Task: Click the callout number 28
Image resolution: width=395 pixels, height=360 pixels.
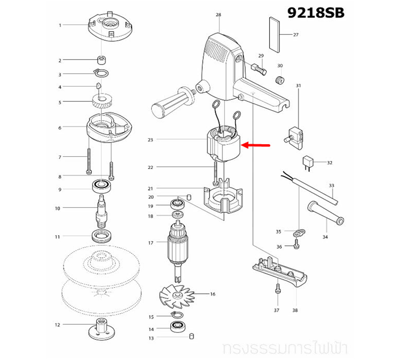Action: click(x=218, y=14)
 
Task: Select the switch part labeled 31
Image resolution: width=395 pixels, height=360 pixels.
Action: click(x=297, y=132)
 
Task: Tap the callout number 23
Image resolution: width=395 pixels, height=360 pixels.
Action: click(x=150, y=140)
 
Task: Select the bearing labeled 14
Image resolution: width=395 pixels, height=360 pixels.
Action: click(x=178, y=329)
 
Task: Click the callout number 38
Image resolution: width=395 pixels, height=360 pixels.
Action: click(x=295, y=310)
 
